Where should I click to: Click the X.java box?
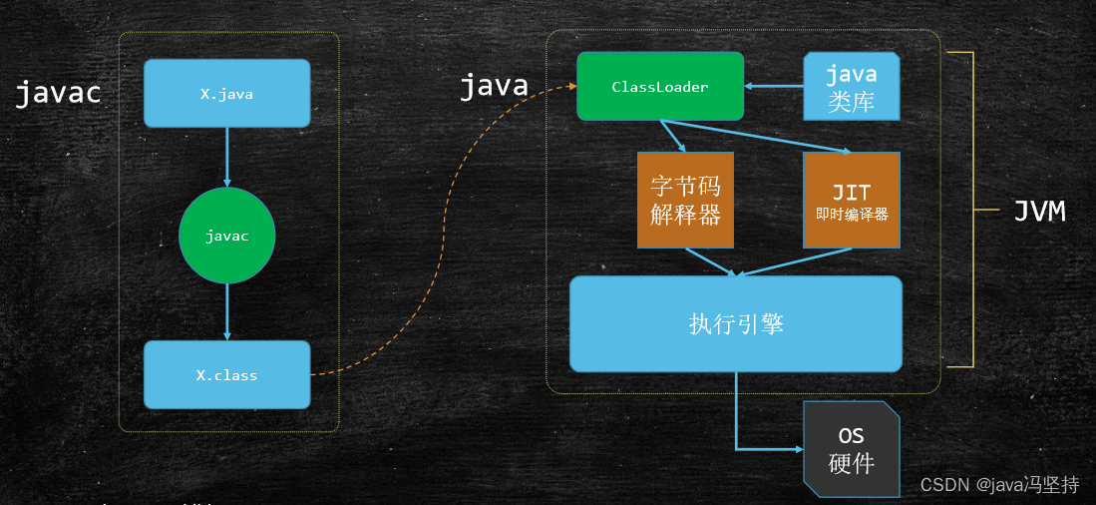[x=226, y=94]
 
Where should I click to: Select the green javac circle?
[x=226, y=236]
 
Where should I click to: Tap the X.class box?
[x=226, y=375]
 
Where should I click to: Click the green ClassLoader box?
[x=660, y=87]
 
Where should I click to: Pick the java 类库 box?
[x=852, y=87]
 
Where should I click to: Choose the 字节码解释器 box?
[x=685, y=200]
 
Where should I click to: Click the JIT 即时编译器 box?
[x=852, y=200]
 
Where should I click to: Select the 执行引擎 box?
[x=736, y=323]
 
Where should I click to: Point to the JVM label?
[x=1039, y=211]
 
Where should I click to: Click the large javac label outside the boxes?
[x=58, y=94]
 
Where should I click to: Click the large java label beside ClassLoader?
[x=494, y=87]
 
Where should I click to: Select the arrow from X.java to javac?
[x=227, y=157]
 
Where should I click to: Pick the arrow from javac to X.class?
[x=227, y=311]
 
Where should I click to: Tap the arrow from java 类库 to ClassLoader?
[x=774, y=87]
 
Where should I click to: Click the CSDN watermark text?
[x=999, y=485]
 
